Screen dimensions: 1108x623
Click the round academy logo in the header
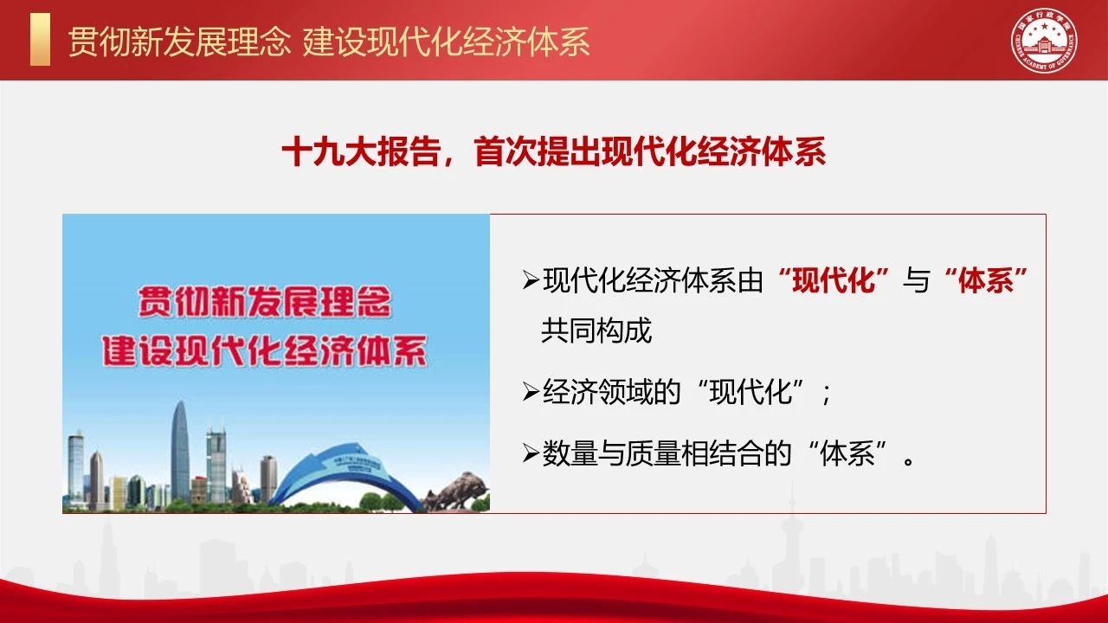(x=1044, y=41)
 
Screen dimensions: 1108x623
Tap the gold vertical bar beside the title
(x=40, y=40)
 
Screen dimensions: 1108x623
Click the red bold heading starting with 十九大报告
(x=554, y=151)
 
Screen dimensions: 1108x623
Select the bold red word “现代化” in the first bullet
(x=834, y=280)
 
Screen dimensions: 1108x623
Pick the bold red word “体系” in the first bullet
(x=986, y=280)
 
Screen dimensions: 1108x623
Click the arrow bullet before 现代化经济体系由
(x=531, y=280)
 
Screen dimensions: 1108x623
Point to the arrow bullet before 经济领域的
(x=531, y=392)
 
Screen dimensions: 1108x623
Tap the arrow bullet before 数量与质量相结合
(x=531, y=453)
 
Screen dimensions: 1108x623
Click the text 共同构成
(x=596, y=331)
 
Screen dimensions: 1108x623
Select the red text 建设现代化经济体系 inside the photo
(x=265, y=351)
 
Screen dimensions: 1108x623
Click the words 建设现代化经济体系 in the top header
(x=447, y=42)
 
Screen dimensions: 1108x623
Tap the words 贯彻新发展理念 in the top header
(x=178, y=42)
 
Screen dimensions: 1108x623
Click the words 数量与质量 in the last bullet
(x=611, y=453)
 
